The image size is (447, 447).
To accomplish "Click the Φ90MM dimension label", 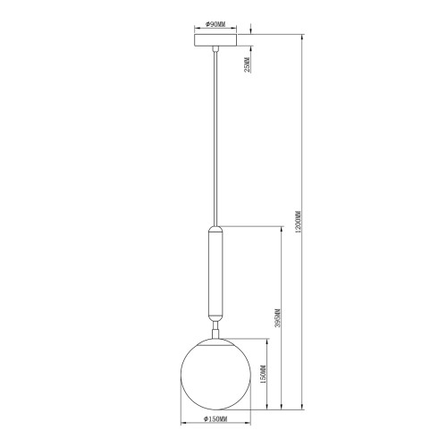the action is coord(215,24).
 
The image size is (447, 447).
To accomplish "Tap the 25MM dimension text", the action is coord(247,65).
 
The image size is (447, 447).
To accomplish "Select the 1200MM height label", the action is coord(299,222).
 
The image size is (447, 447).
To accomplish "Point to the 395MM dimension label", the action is coord(278,318).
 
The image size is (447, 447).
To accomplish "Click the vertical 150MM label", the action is coord(263,374).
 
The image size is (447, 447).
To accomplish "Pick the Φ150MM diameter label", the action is coord(215,419).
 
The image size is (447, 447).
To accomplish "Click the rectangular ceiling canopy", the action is coord(215,40).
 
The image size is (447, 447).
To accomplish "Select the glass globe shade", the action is coord(215,374).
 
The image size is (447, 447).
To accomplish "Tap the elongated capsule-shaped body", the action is coord(215,273).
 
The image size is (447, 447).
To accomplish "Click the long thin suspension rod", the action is coord(215,139).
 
